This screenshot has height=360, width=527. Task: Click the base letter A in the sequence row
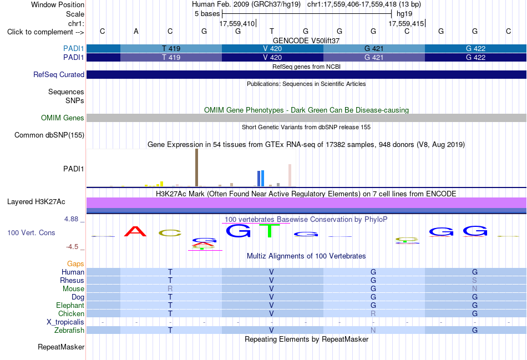click(x=136, y=31)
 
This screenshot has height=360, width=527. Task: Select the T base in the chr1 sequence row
click(x=272, y=31)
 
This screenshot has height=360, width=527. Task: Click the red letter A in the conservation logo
click(x=135, y=231)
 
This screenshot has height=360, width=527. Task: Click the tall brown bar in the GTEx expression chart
click(x=196, y=168)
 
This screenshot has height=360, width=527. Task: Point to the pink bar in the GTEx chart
click(x=290, y=175)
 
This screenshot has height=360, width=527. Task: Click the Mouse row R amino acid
click(x=170, y=289)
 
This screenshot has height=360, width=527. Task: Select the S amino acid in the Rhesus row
click(x=474, y=280)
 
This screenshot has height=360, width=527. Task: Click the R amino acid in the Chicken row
click(x=373, y=313)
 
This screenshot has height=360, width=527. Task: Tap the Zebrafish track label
click(x=69, y=331)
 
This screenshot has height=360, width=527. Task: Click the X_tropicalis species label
click(x=65, y=322)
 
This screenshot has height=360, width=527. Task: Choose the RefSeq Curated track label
click(x=59, y=75)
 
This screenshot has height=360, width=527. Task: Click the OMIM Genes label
click(x=63, y=118)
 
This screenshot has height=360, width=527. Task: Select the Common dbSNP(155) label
click(x=49, y=135)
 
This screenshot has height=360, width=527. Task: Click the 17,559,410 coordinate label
click(x=237, y=23)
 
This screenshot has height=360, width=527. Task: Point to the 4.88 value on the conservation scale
click(x=71, y=219)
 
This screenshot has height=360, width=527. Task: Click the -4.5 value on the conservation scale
click(x=72, y=247)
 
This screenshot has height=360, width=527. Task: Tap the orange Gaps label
click(x=75, y=264)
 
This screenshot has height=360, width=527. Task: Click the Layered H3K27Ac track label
click(x=36, y=202)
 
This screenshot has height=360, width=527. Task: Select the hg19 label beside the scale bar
click(x=404, y=14)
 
